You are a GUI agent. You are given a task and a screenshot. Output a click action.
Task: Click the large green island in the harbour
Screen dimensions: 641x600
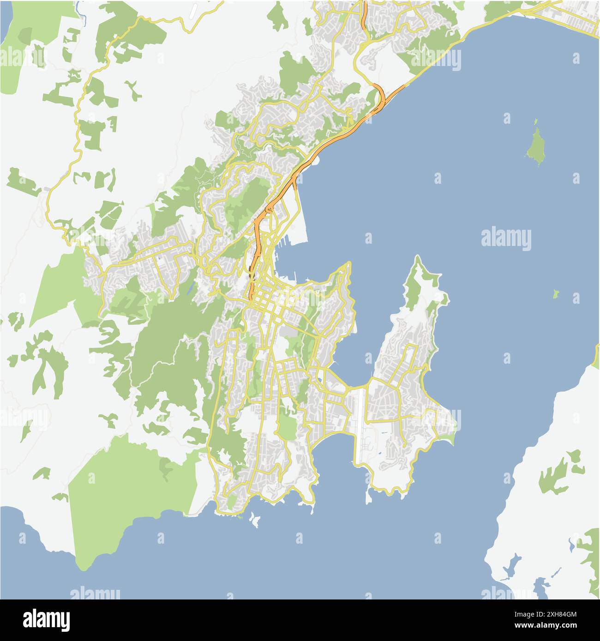(x=535, y=144)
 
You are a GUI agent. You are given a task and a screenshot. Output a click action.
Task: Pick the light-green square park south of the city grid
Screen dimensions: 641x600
(x=287, y=427)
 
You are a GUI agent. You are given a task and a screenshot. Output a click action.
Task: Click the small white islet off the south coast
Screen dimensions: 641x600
(x=254, y=520)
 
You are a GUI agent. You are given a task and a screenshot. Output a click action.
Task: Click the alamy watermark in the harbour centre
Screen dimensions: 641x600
(x=506, y=239)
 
